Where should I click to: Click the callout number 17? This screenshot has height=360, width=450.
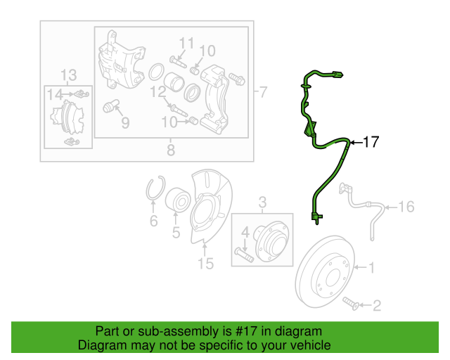tap(371, 142)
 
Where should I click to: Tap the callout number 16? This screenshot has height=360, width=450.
tap(406, 207)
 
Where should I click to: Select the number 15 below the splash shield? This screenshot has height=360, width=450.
tap(206, 264)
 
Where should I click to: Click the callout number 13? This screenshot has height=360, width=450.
tap(69, 75)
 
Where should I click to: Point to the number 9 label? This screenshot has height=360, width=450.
tap(125, 123)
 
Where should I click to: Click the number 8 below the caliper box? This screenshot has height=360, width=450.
tap(171, 150)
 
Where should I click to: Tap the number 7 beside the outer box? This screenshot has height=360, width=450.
tap(263, 92)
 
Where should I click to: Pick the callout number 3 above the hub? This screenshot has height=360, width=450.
tap(262, 202)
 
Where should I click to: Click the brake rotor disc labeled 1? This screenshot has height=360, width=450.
tap(325, 271)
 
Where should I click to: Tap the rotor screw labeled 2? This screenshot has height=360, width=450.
tap(350, 304)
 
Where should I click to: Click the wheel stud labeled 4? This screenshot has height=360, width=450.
tap(244, 255)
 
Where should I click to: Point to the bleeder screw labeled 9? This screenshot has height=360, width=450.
tap(111, 105)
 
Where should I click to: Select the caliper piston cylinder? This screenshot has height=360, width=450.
tap(174, 82)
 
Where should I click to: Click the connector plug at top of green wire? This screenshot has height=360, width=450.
tap(337, 75)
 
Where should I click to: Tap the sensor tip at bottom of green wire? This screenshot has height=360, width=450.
tap(316, 218)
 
